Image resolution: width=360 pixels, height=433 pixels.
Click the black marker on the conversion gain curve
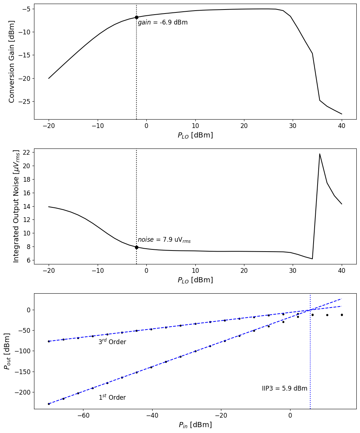pyautogui.click(x=136, y=17)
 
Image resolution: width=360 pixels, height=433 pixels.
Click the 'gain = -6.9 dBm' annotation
pyautogui.click(x=162, y=23)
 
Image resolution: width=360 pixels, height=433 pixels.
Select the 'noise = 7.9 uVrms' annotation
pyautogui.click(x=164, y=240)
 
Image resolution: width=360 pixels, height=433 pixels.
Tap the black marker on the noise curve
pyautogui.click(x=136, y=247)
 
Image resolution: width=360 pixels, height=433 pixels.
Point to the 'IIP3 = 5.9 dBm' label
pyautogui.click(x=285, y=388)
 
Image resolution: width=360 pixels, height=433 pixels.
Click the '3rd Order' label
pyautogui.click(x=112, y=342)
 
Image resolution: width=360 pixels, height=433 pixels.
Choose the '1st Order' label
pyautogui.click(x=112, y=398)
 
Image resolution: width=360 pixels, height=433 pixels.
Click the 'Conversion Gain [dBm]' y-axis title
pyautogui.click(x=12, y=61)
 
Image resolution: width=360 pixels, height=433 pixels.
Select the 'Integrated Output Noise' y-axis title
pyautogui.click(x=16, y=206)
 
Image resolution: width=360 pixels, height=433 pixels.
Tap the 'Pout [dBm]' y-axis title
pyautogui.click(x=7, y=351)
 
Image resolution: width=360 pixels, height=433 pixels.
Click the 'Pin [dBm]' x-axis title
pyautogui.click(x=195, y=425)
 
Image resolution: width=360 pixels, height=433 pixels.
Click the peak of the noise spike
pyautogui.click(x=320, y=154)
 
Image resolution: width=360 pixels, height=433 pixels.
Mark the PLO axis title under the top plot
pyautogui.click(x=195, y=135)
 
